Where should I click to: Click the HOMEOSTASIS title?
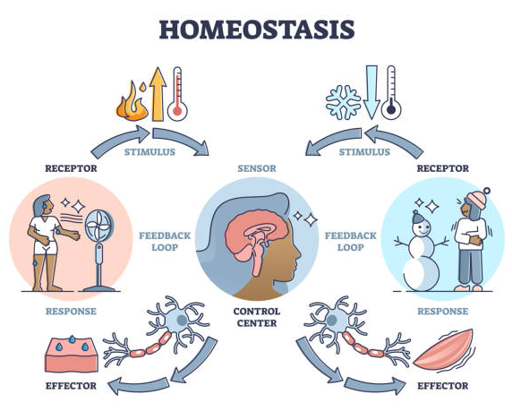[x=257, y=30]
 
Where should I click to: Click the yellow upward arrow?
[x=158, y=94]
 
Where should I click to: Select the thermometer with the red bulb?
[x=177, y=94]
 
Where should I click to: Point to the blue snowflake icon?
[x=344, y=102]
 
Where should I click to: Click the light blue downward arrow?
[x=371, y=92]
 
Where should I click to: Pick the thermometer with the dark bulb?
[x=391, y=92]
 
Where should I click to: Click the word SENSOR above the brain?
[x=257, y=168]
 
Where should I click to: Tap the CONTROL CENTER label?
[x=257, y=317]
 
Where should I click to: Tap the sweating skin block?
[x=72, y=355]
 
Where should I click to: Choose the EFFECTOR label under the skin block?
[x=71, y=386]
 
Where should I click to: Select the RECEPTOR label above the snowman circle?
[x=443, y=168]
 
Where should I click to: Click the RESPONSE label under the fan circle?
[x=71, y=312]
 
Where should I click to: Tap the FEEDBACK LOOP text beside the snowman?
[x=350, y=242]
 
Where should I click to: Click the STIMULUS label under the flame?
[x=149, y=152]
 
